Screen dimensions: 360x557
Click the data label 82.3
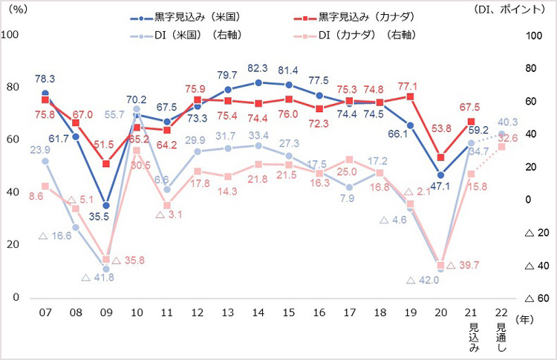tap(257, 68)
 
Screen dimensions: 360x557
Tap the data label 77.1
tap(410, 85)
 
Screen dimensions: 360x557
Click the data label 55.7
tap(113, 114)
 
